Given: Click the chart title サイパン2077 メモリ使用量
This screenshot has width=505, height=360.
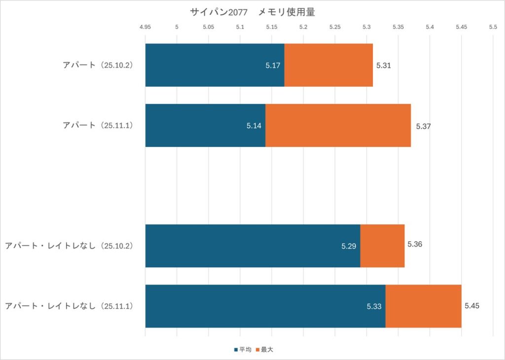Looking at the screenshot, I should (252, 12).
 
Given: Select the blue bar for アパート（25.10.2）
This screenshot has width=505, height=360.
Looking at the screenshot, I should (215, 65).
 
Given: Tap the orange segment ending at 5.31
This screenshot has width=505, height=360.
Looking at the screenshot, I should (328, 65).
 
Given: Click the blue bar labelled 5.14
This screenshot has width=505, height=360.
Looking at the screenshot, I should (205, 125).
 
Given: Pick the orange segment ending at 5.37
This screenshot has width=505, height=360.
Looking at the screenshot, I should (338, 125).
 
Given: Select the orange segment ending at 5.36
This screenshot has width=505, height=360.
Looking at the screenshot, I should (382, 246).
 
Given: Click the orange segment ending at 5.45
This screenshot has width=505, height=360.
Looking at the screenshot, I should (423, 306).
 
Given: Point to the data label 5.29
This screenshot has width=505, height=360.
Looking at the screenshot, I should (349, 246).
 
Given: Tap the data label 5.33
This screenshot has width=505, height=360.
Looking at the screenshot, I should (374, 306).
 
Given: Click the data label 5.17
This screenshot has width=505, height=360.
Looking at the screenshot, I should (273, 66).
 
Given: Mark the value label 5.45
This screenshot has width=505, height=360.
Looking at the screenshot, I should (472, 306).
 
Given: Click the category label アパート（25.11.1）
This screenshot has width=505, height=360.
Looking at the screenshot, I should (98, 125).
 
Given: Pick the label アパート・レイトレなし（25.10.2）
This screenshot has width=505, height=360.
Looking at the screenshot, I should (69, 246).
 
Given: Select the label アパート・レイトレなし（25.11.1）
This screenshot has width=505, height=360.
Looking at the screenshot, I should (69, 306).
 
